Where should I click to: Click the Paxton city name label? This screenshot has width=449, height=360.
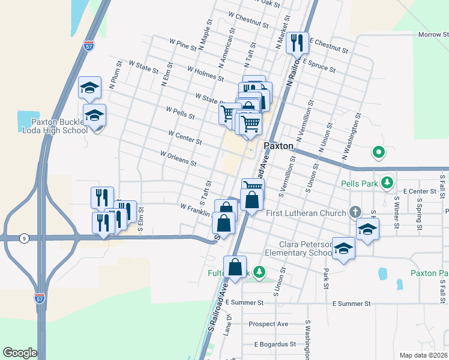pos(279,146)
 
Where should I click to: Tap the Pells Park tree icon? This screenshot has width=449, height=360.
pos(388,182)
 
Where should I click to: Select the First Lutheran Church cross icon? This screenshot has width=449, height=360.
pos(355,212)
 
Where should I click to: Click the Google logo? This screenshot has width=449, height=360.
pos(20,353)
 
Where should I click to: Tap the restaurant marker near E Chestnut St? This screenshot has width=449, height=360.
pos(297,43)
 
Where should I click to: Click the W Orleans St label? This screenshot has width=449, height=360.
pos(178,158)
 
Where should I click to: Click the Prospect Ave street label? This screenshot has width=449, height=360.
pos(268,324)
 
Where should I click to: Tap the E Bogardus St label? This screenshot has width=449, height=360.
pos(275,344)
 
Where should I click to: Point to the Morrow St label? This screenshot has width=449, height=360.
pos(429,35)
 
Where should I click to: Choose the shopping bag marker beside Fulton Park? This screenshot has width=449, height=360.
pos(235,268)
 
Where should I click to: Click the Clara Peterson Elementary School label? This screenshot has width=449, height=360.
pos(305,249)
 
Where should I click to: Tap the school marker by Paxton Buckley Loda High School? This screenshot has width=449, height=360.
pos(94,115)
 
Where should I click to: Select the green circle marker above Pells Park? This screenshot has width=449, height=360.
pos(378,152)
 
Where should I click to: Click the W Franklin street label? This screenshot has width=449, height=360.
pos(194,209)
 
